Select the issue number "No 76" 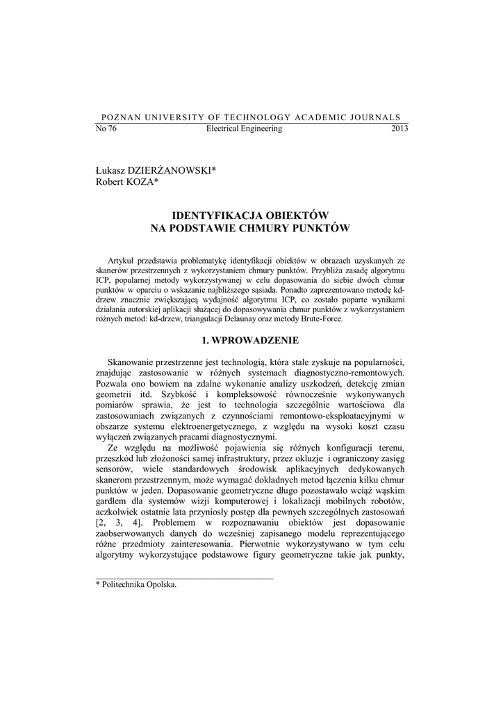pyautogui.click(x=105, y=129)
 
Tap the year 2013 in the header pyautogui.click(x=399, y=129)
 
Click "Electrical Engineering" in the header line pyautogui.click(x=245, y=129)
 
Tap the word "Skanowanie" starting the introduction pyautogui.click(x=131, y=362)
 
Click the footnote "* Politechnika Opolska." pyautogui.click(x=135, y=585)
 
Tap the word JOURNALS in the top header pyautogui.click(x=376, y=118)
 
